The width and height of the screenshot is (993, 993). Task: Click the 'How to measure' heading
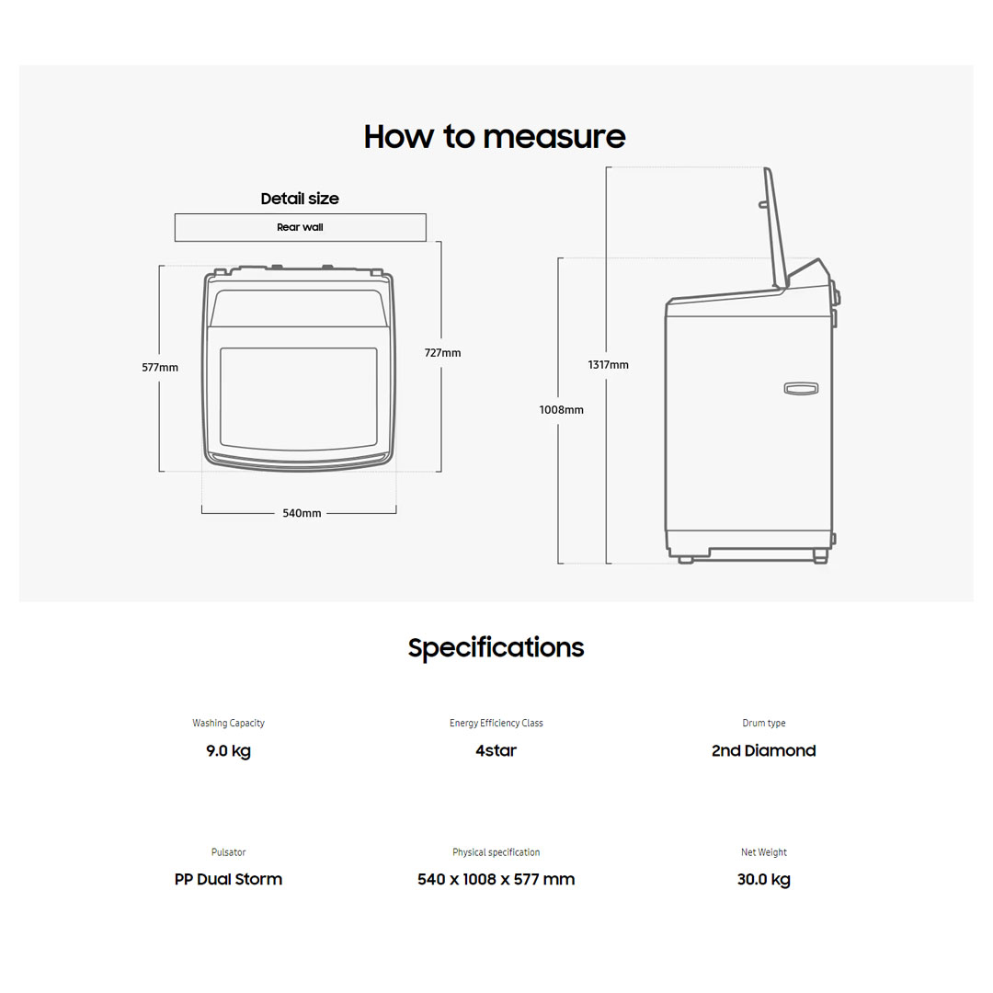pyautogui.click(x=495, y=137)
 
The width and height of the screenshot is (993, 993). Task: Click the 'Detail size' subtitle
pyautogui.click(x=300, y=199)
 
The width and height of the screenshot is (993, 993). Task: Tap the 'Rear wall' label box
pyautogui.click(x=300, y=227)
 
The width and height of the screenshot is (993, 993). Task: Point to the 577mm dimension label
pyautogui.click(x=160, y=367)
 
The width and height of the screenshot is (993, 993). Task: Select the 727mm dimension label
pyautogui.click(x=442, y=353)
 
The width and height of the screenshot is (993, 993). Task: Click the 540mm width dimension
pyautogui.click(x=302, y=513)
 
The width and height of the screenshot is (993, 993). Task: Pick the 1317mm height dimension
pyautogui.click(x=608, y=365)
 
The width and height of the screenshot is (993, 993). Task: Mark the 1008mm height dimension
pyautogui.click(x=561, y=410)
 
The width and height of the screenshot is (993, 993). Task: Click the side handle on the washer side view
pyautogui.click(x=801, y=388)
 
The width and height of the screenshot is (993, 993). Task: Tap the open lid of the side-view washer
pyautogui.click(x=776, y=228)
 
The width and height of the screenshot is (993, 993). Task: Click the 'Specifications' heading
pyautogui.click(x=496, y=648)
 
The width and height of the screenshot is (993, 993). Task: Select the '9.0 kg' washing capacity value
pyautogui.click(x=229, y=751)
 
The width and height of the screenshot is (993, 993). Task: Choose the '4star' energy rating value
pyautogui.click(x=496, y=750)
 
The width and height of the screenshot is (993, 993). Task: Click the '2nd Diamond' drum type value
pyautogui.click(x=764, y=750)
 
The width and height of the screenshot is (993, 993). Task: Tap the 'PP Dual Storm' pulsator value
pyautogui.click(x=229, y=879)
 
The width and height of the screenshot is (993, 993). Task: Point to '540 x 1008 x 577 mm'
pyautogui.click(x=496, y=879)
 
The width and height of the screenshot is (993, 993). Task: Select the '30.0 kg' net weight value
pyautogui.click(x=764, y=880)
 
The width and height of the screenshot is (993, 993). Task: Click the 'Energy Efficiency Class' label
pyautogui.click(x=496, y=724)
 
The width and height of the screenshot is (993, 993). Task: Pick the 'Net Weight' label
pyautogui.click(x=764, y=852)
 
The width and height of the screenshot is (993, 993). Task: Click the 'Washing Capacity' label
pyautogui.click(x=229, y=724)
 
